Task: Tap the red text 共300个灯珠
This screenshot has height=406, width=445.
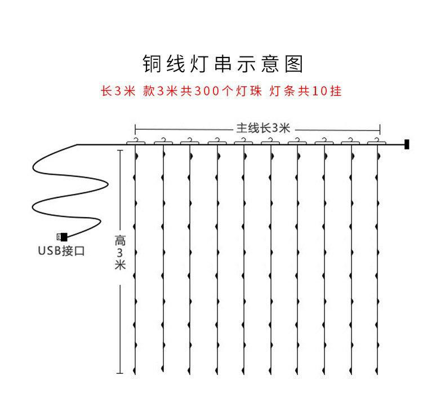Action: [221, 91]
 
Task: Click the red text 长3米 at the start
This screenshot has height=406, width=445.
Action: [118, 91]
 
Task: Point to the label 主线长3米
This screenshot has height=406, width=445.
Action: [257, 128]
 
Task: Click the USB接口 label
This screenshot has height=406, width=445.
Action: [61, 251]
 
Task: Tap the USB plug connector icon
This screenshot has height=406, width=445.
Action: [61, 237]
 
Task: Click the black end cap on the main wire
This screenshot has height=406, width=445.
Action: [406, 145]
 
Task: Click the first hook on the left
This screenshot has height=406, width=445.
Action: [135, 140]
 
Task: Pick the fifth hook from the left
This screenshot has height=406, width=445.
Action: [243, 140]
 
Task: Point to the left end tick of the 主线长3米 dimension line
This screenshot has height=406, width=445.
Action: [135, 128]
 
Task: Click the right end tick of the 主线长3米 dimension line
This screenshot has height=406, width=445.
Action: [380, 128]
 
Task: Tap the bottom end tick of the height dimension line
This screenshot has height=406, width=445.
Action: [119, 373]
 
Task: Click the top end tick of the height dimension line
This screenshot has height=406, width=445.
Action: [119, 151]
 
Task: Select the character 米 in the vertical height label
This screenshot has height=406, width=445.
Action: [119, 265]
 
